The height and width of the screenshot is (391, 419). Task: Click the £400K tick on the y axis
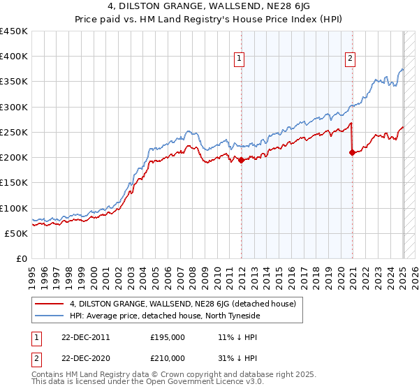pyautogui.click(x=14, y=57)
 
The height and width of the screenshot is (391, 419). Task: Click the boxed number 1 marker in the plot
pyautogui.click(x=240, y=59)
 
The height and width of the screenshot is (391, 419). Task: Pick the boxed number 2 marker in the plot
pyautogui.click(x=349, y=59)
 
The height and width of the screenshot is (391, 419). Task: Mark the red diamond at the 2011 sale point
pyautogui.click(x=241, y=160)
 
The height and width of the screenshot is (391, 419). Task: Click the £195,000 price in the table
pyautogui.click(x=168, y=337)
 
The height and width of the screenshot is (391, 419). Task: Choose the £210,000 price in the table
pyautogui.click(x=168, y=357)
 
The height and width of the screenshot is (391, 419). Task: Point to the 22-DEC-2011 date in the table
pyautogui.click(x=86, y=337)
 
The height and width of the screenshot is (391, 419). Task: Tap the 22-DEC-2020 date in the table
pyautogui.click(x=86, y=357)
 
